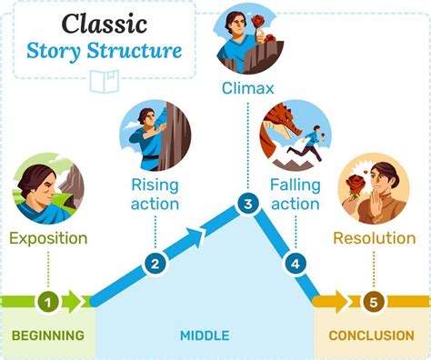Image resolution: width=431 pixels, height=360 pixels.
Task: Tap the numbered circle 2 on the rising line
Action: (155, 265)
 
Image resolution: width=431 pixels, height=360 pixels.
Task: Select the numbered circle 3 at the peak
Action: (247, 205)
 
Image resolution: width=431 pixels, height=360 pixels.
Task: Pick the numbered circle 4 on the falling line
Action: (294, 265)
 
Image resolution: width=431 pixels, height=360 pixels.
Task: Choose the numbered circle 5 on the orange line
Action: (373, 301)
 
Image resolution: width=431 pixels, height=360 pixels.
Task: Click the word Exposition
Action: (49, 239)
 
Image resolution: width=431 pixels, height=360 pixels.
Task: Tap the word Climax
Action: (247, 88)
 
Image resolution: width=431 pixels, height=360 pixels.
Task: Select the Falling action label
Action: (296, 193)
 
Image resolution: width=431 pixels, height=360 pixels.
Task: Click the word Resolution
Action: (374, 239)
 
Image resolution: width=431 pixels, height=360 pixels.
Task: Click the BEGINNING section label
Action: (47, 335)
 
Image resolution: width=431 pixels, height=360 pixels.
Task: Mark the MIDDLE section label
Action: (204, 335)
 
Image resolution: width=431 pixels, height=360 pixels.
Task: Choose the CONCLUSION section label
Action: (371, 335)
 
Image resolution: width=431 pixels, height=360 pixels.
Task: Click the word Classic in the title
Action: (99, 22)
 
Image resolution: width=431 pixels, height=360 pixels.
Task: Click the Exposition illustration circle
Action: (49, 189)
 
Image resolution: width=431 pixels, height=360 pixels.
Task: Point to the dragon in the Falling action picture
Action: (276, 127)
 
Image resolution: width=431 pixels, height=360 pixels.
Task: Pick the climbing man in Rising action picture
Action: (145, 136)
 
